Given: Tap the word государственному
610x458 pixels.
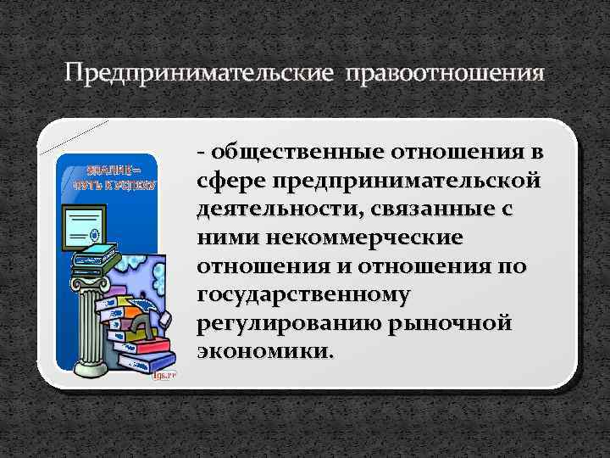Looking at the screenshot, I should point(304,295).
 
